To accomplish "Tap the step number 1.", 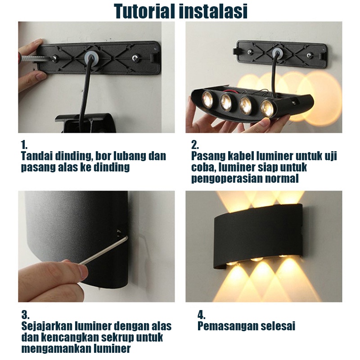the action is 24,145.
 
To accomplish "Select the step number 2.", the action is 195,145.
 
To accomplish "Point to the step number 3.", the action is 25,315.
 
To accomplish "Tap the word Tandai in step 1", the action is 37,156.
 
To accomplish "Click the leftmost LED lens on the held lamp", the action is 208,99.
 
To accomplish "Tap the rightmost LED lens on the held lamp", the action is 267,107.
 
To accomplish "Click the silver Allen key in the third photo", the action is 103,251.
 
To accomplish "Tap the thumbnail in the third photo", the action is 83,271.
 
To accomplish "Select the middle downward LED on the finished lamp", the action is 256,260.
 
